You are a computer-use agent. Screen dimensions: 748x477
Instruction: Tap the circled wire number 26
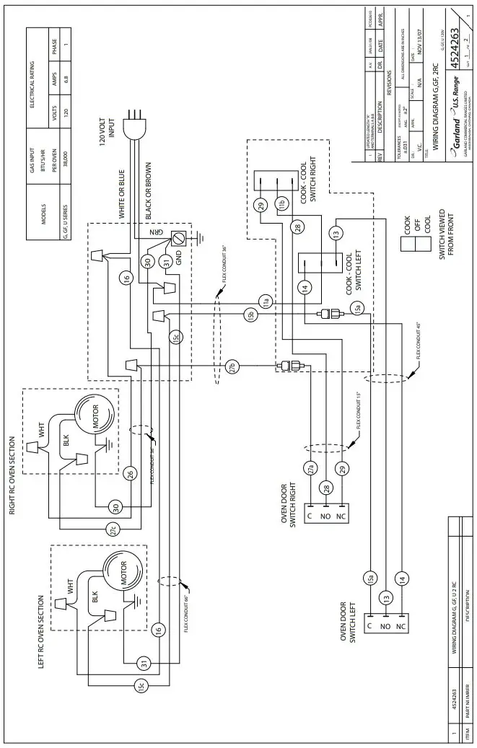(x=130, y=474)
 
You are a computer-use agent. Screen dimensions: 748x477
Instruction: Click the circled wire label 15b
(x=250, y=315)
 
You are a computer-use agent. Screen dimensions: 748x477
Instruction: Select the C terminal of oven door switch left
(x=369, y=627)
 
